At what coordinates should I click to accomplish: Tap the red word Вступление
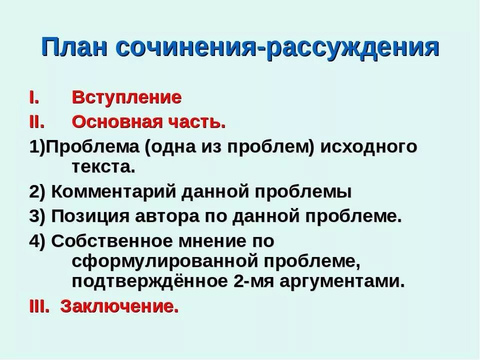(126, 97)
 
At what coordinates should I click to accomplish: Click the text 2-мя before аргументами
(251, 281)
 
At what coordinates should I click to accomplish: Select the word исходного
(368, 147)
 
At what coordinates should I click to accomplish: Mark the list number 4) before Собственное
(37, 241)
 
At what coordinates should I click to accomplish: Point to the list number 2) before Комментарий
(37, 192)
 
